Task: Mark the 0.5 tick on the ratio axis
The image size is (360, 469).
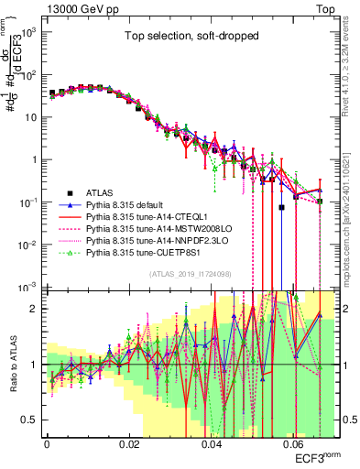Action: click(31, 420)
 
